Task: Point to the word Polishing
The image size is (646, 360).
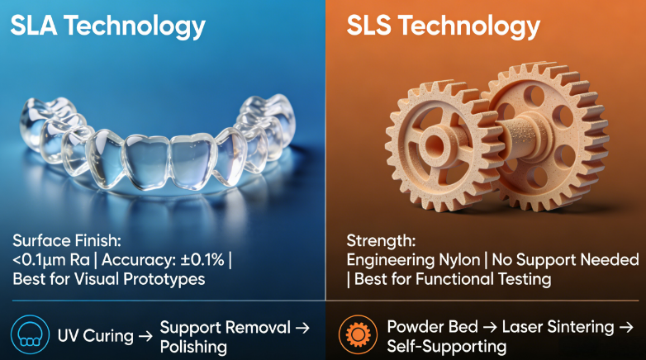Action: pyautogui.click(x=193, y=346)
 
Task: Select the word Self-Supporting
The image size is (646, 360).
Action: pyautogui.click(x=447, y=346)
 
